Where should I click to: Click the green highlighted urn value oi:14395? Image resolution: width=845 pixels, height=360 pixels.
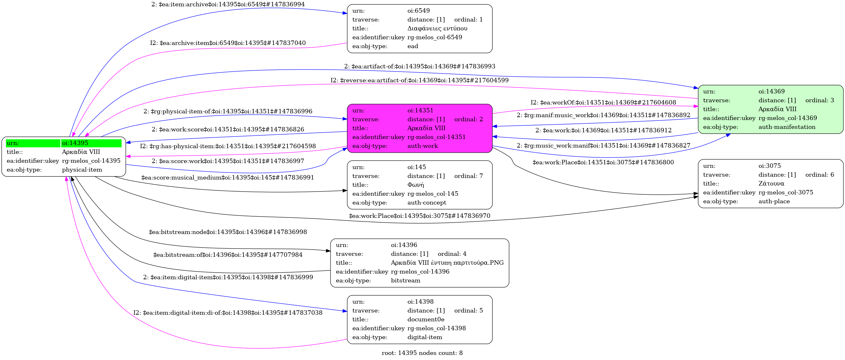(x=75, y=143)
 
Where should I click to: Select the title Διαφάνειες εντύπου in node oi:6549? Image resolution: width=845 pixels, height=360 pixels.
(x=437, y=28)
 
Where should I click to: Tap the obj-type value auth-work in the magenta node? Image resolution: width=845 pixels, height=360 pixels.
(x=422, y=146)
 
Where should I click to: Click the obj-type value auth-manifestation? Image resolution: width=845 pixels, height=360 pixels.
(x=787, y=127)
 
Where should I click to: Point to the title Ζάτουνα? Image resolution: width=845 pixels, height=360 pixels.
(x=771, y=184)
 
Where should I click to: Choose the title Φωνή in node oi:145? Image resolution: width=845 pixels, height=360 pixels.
(x=416, y=185)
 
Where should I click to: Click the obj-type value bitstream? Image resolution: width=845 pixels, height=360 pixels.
(x=406, y=281)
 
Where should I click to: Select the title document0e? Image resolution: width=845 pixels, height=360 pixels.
(x=426, y=319)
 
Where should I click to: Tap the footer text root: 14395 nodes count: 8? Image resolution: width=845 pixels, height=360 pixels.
(x=422, y=353)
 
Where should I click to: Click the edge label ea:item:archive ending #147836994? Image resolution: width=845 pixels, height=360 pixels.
(x=228, y=4)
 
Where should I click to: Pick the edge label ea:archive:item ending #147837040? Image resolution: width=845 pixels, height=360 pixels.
(x=228, y=43)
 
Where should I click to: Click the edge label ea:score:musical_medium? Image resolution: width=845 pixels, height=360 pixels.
(x=228, y=178)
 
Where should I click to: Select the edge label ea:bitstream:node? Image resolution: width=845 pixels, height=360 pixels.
(x=228, y=232)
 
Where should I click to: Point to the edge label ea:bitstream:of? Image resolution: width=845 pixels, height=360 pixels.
(x=228, y=255)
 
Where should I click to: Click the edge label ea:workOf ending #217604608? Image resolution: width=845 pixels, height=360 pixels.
(x=603, y=102)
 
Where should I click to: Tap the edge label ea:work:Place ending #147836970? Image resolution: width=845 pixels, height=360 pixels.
(x=419, y=216)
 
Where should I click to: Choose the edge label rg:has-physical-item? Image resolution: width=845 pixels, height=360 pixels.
(x=228, y=146)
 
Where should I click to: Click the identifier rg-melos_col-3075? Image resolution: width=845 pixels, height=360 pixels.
(x=785, y=193)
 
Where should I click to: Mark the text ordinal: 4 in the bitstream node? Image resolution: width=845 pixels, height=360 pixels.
(x=452, y=254)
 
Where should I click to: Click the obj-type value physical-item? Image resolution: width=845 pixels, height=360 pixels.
(x=82, y=170)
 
